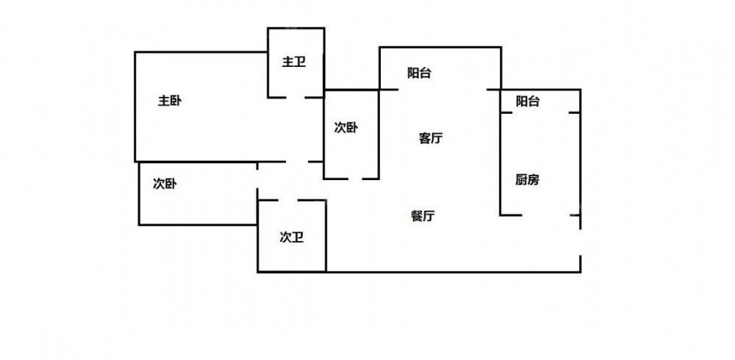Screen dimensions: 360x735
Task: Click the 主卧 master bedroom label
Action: coord(170,101)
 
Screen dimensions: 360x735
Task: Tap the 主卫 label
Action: coord(294,62)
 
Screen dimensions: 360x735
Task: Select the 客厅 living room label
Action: coord(431,138)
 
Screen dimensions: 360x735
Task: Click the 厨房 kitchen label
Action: coord(527,179)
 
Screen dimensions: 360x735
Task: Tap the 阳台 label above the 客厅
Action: coord(419,73)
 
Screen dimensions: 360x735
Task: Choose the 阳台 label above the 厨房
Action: coord(528,101)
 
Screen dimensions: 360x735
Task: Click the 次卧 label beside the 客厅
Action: coord(346,128)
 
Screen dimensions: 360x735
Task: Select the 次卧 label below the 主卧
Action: coord(165,184)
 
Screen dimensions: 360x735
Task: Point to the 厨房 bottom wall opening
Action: coord(548,215)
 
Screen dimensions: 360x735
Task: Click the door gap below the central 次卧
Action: coord(352,178)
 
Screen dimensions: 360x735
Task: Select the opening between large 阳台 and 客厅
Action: coord(442,90)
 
